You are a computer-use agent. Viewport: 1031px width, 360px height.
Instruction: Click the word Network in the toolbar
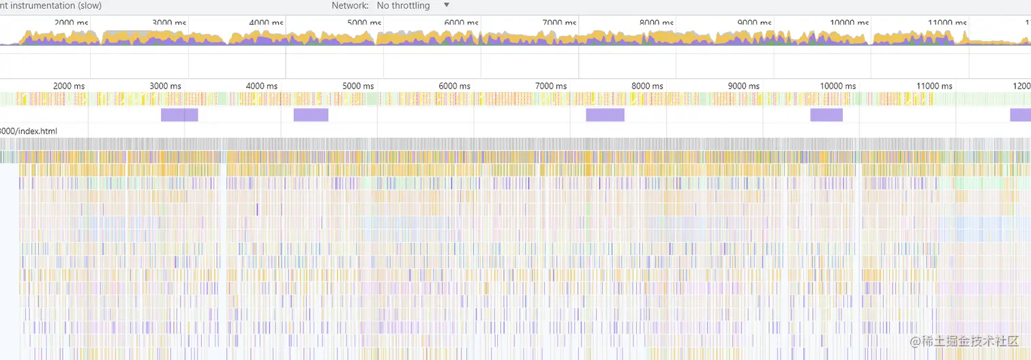tap(350, 5)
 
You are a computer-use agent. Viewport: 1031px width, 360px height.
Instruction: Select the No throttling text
tap(403, 5)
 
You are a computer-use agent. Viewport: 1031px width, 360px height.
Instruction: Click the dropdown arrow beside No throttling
tap(447, 5)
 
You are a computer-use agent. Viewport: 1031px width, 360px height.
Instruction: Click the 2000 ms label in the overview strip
tap(71, 23)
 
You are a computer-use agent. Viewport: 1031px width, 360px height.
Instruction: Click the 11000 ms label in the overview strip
tap(946, 23)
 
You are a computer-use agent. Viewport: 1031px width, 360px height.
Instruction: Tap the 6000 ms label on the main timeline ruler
tap(455, 86)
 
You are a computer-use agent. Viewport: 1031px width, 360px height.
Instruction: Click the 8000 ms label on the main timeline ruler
tap(647, 86)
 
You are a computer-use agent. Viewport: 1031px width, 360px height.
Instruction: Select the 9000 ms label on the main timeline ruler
tap(743, 86)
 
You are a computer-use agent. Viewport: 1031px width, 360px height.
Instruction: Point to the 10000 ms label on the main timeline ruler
tap(838, 86)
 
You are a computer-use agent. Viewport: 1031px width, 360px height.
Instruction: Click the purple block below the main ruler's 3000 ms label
tap(179, 115)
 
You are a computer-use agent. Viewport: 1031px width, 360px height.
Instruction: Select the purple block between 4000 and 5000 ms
tap(311, 115)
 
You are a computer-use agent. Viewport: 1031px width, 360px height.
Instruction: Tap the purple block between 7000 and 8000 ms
tap(605, 115)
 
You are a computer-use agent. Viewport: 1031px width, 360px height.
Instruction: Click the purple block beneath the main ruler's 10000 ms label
tap(826, 115)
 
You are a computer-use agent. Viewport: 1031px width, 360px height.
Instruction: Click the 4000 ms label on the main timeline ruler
tap(263, 86)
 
